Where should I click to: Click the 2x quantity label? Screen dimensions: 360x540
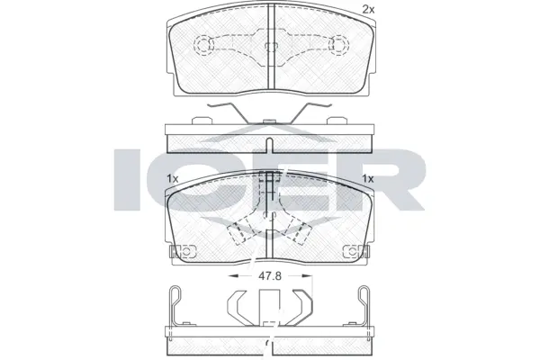point(367,9)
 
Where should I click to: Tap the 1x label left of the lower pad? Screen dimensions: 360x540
point(173,179)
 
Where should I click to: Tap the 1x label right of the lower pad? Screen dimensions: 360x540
point(367,179)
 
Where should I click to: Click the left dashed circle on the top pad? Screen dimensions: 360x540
point(203,44)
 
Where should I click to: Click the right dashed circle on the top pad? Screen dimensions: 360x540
point(339,44)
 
